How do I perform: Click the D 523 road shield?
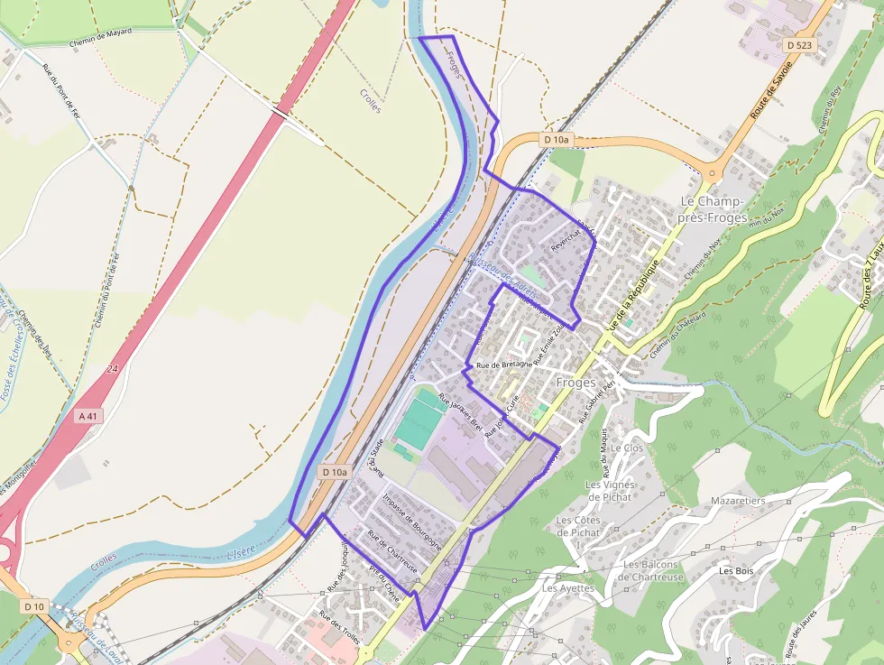coord(799,44)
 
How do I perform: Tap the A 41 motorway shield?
coord(87,416)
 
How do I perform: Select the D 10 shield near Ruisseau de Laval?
coord(34,606)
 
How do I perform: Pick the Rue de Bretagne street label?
coord(503,365)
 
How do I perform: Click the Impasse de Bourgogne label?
coord(412,521)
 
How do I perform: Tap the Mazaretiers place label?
coord(738,500)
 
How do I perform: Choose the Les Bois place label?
coord(736,571)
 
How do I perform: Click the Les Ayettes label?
coord(568,588)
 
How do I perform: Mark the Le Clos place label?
coord(626,448)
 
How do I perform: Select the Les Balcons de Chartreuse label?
coord(653,571)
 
